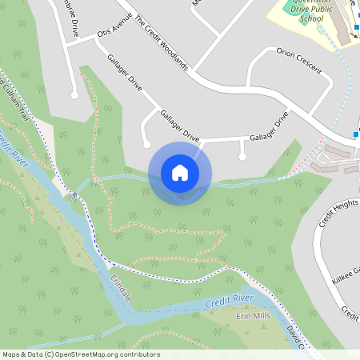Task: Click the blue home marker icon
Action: click(x=179, y=173)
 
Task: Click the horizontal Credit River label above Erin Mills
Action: click(x=230, y=301)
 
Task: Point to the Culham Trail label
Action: click(x=14, y=105)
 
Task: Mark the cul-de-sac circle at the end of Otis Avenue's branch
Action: click(x=74, y=94)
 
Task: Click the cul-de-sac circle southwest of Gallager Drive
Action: click(x=146, y=144)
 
